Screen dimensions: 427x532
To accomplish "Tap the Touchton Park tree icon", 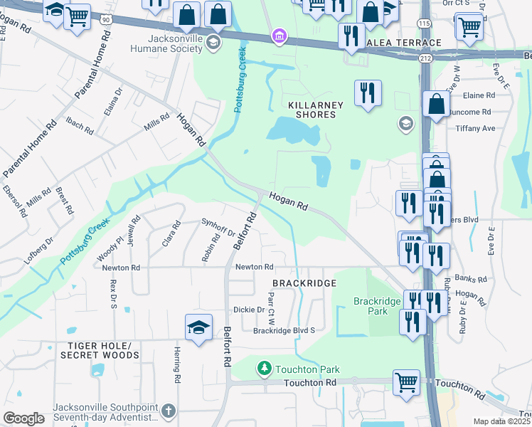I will point(264,368).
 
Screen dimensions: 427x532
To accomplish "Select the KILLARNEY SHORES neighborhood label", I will point(315,110).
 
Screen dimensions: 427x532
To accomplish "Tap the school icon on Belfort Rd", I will point(199,328).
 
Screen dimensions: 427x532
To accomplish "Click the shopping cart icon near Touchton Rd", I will point(406,381).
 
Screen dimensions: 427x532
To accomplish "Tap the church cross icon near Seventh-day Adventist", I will point(168,411).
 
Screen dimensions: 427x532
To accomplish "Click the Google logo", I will point(23,418).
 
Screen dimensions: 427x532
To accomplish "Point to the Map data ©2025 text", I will point(501,421).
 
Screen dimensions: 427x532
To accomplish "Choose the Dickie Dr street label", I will point(249,310).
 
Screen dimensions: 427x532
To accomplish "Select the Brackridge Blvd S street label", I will point(284,330).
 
